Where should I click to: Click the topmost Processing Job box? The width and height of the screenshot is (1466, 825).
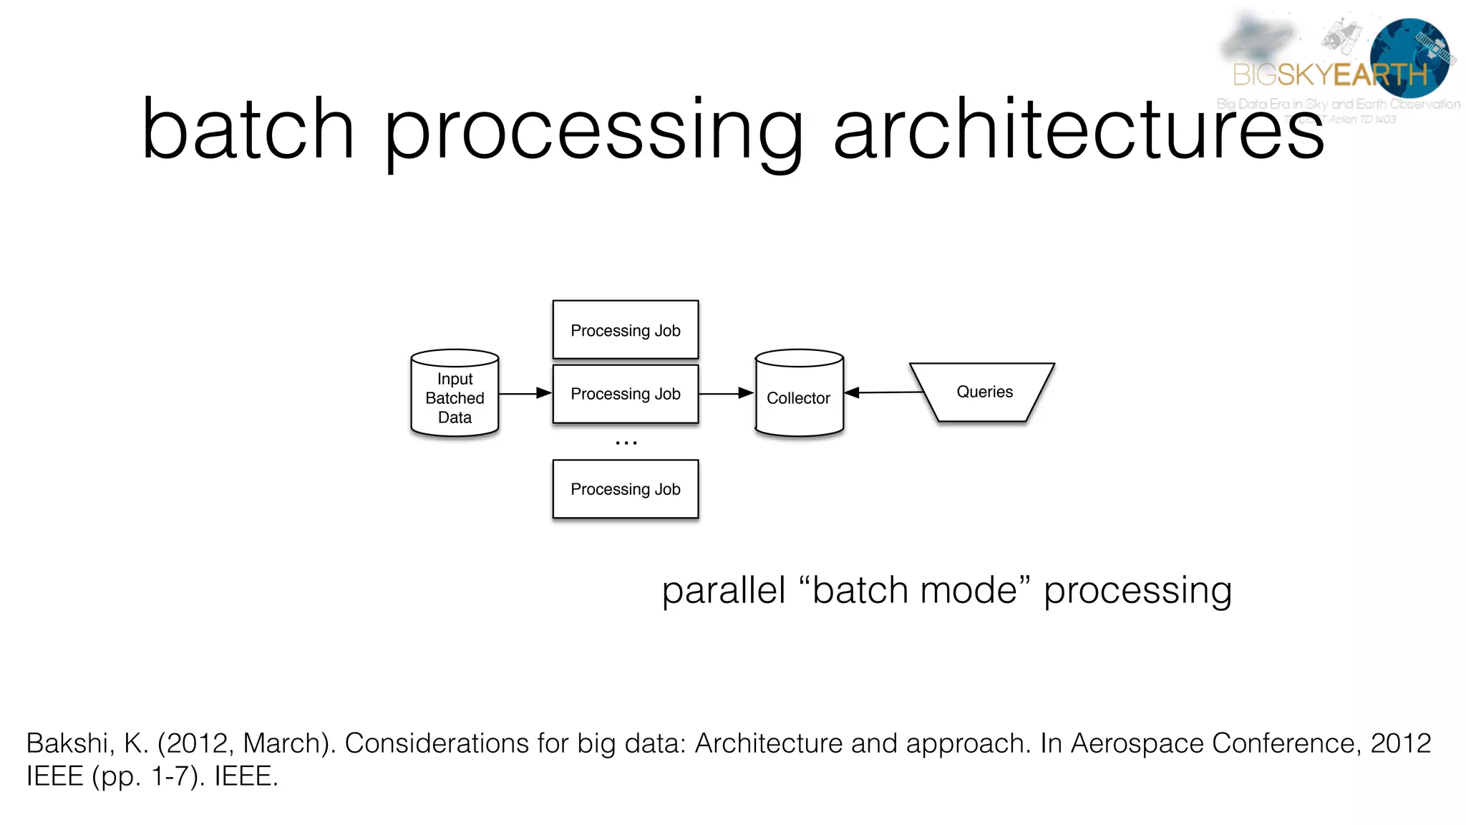pyautogui.click(x=625, y=329)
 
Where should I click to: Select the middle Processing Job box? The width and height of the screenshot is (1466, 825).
pyautogui.click(x=625, y=394)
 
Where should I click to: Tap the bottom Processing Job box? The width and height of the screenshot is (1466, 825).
pyautogui.click(x=625, y=489)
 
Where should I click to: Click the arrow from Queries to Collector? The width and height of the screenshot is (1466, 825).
pyautogui.click(x=884, y=392)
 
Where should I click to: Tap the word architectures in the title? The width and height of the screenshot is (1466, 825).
pyautogui.click(x=1079, y=130)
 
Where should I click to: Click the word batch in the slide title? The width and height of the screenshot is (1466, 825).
pyautogui.click(x=248, y=130)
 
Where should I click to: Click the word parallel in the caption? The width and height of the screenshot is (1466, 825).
pyautogui.click(x=723, y=591)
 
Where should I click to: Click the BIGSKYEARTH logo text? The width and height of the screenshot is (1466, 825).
pyautogui.click(x=1330, y=74)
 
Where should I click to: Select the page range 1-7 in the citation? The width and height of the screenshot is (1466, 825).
pyautogui.click(x=170, y=776)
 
